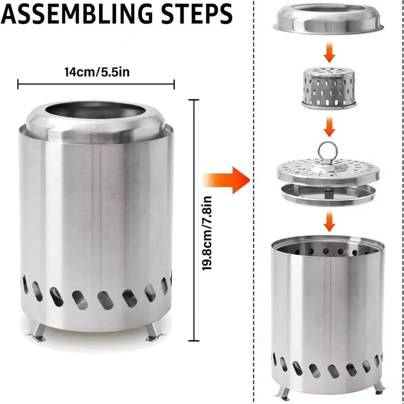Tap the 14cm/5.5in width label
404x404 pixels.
[97, 72]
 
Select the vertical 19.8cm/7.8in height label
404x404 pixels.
[207, 233]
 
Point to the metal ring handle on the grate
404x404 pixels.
[327, 152]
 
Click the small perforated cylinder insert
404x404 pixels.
[329, 88]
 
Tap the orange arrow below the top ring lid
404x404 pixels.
[329, 52]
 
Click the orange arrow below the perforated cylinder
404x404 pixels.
[329, 127]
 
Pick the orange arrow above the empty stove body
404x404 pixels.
[329, 222]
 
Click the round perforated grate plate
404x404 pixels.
[328, 171]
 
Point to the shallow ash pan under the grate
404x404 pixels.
[328, 196]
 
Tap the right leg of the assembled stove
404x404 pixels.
[154, 333]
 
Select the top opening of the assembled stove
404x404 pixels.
[95, 110]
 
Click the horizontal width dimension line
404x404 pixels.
[96, 84]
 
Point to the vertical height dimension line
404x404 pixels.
[194, 220]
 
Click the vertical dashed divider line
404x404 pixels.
[254, 202]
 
